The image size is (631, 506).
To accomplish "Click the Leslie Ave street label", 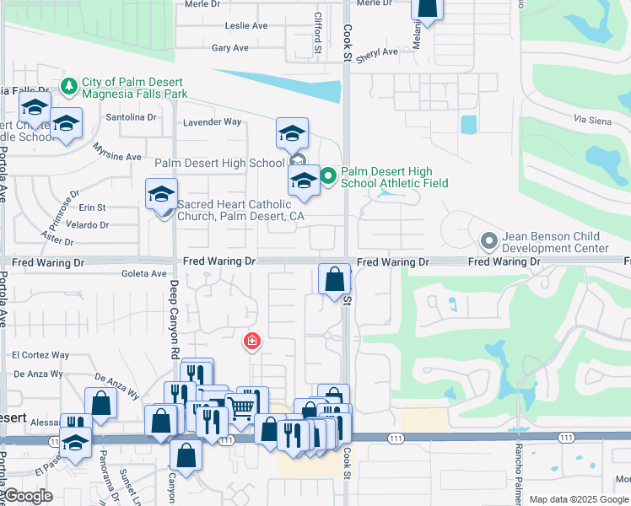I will coord(246,26).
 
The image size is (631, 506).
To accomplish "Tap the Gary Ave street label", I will coord(230,48).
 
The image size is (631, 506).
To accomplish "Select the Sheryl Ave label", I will coord(377,52).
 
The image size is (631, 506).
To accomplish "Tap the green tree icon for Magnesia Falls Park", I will coord(69,85).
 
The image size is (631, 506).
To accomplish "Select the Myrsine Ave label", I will coord(117,157).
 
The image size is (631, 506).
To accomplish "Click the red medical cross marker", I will coord(251,341).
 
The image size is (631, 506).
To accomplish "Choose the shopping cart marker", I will coord(242,407).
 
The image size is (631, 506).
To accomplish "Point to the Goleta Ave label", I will coord(144,274).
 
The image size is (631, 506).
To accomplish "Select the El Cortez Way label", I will coord(40,356).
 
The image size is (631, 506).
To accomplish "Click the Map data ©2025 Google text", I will coord(578,499).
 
